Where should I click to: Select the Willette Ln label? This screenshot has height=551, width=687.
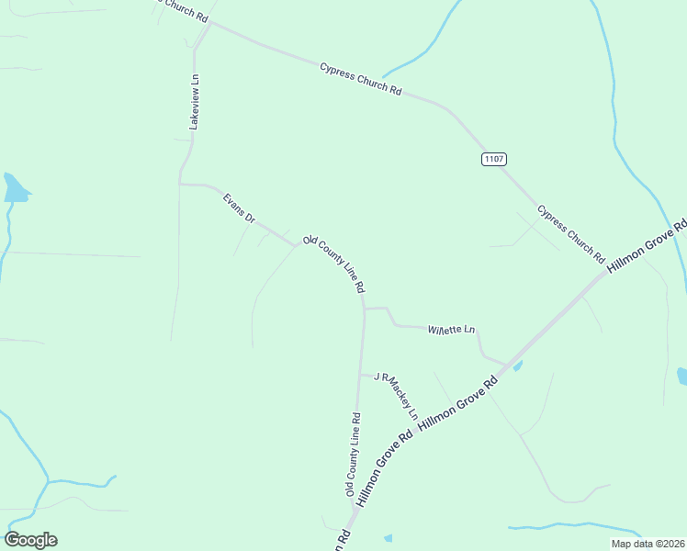coord(452,329)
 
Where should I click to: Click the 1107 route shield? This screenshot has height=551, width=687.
coord(493,159)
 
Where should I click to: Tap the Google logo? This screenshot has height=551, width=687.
coord(30,540)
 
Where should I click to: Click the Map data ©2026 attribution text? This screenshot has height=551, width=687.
coord(648,544)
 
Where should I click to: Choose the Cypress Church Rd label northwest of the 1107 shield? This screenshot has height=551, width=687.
coord(361,79)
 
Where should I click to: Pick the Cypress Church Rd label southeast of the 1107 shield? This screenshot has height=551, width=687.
coord(570,232)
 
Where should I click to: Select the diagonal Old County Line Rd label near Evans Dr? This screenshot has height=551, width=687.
coord(334,264)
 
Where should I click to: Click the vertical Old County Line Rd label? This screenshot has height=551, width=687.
coord(353,455)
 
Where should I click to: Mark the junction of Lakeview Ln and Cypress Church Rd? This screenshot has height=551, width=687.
coord(210,24)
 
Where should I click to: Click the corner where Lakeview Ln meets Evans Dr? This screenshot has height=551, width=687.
coord(181,184)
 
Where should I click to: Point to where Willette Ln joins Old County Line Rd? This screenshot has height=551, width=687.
coord(365,309)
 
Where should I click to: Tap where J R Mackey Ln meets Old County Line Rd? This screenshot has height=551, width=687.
coord(360,375)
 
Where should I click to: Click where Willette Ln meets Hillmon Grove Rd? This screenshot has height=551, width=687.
coord(508,364)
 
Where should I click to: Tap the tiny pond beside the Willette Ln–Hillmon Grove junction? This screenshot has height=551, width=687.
coord(518,366)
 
